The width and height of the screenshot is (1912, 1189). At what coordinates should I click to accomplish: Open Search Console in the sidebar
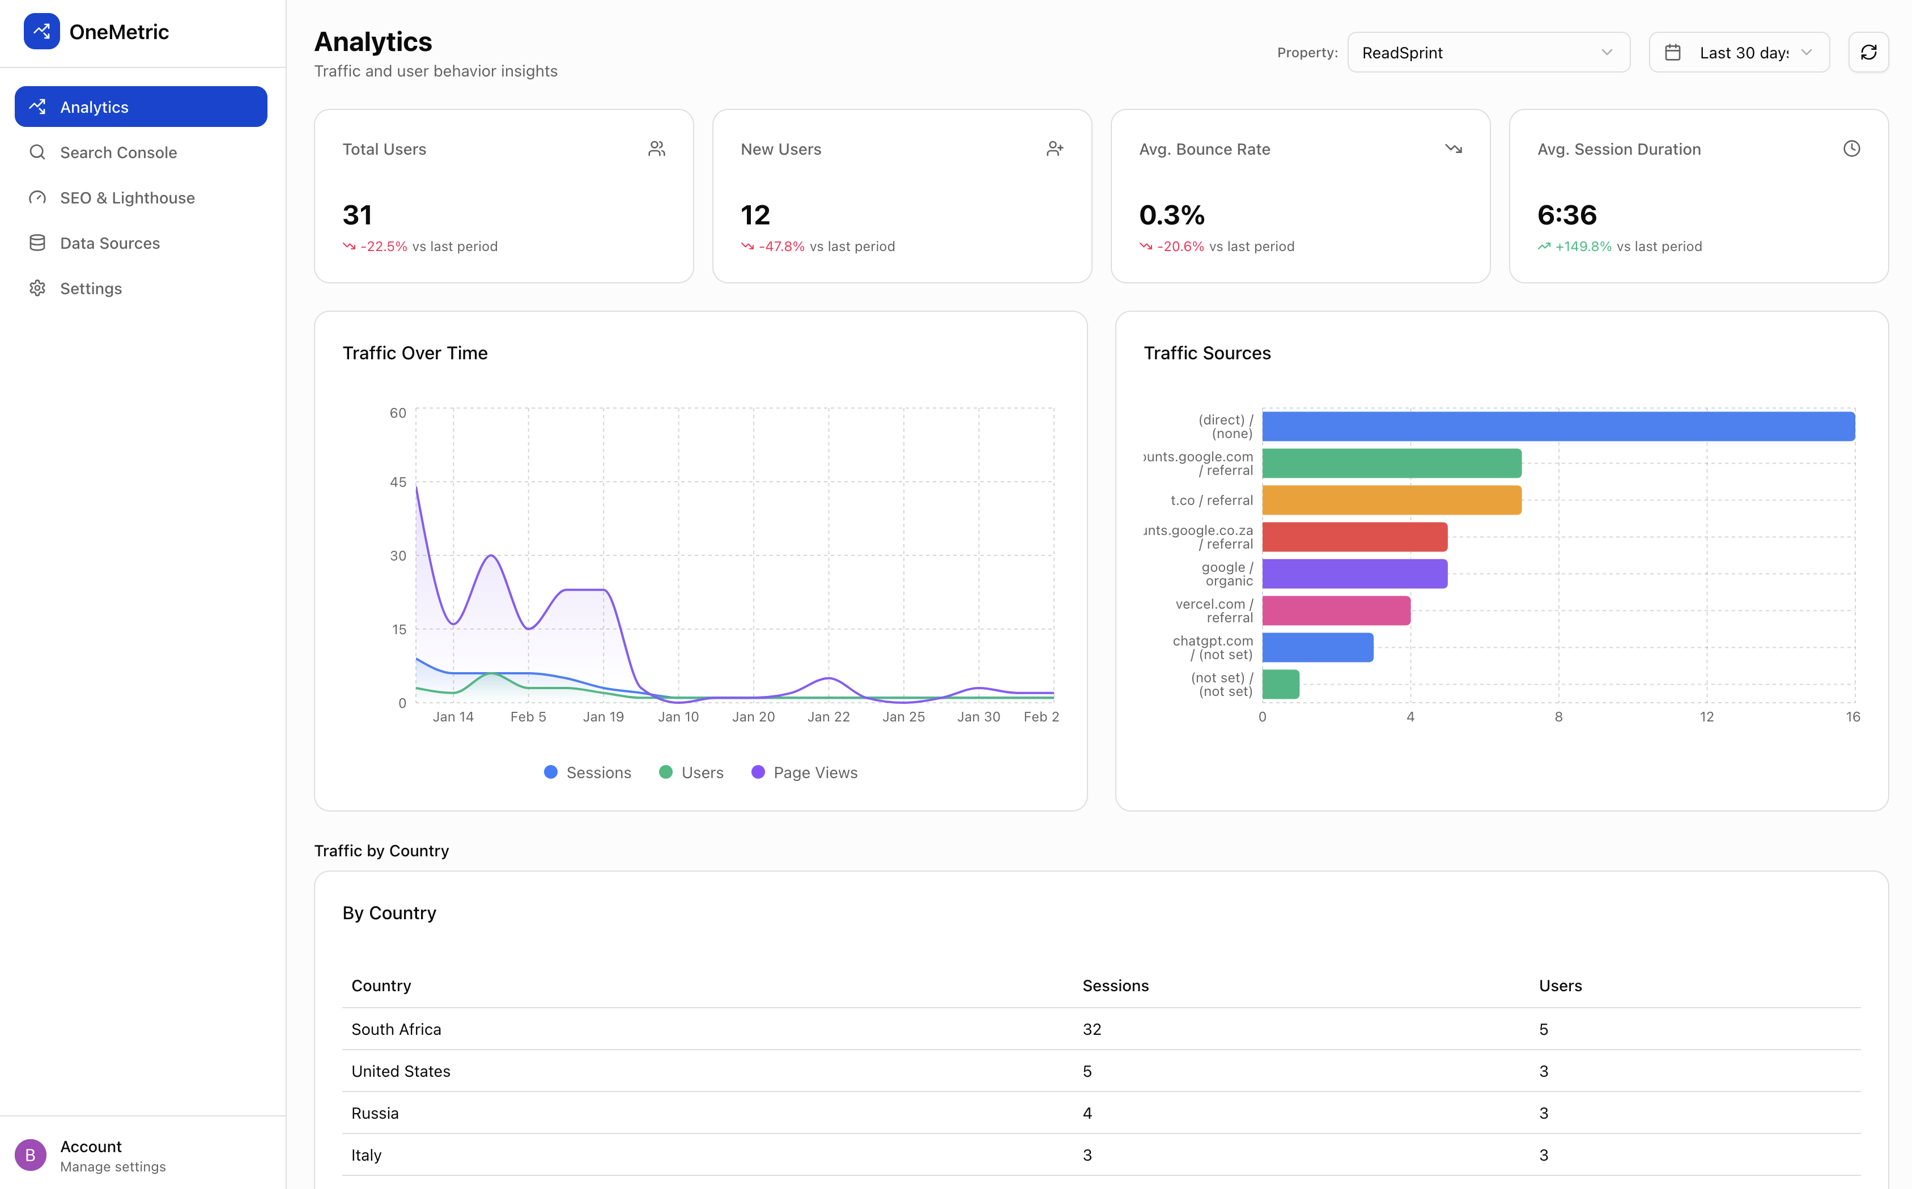(118, 152)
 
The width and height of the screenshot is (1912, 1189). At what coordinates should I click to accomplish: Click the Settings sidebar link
(91, 288)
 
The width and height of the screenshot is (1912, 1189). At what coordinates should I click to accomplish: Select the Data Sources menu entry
(109, 243)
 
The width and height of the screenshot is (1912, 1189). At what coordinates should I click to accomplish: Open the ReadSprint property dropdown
(1488, 53)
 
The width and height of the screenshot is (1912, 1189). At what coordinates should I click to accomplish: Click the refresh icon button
(1868, 53)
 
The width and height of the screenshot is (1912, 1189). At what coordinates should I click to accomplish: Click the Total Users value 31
(358, 215)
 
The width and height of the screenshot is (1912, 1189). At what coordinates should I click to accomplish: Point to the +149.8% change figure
(1583, 246)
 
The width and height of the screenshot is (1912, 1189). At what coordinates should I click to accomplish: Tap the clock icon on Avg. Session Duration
(1851, 148)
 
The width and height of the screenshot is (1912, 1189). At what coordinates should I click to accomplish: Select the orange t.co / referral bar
(1392, 500)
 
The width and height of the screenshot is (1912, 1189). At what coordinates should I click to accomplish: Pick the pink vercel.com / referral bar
(1336, 611)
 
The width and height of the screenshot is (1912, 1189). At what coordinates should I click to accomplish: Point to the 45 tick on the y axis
(398, 482)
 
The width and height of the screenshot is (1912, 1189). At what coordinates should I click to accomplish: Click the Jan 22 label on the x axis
(828, 716)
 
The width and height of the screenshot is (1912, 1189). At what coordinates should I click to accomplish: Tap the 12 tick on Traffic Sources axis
(1706, 716)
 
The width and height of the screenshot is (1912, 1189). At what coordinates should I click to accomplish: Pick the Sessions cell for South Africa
(1091, 1029)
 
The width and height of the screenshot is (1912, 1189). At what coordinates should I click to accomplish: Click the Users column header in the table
(1560, 986)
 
